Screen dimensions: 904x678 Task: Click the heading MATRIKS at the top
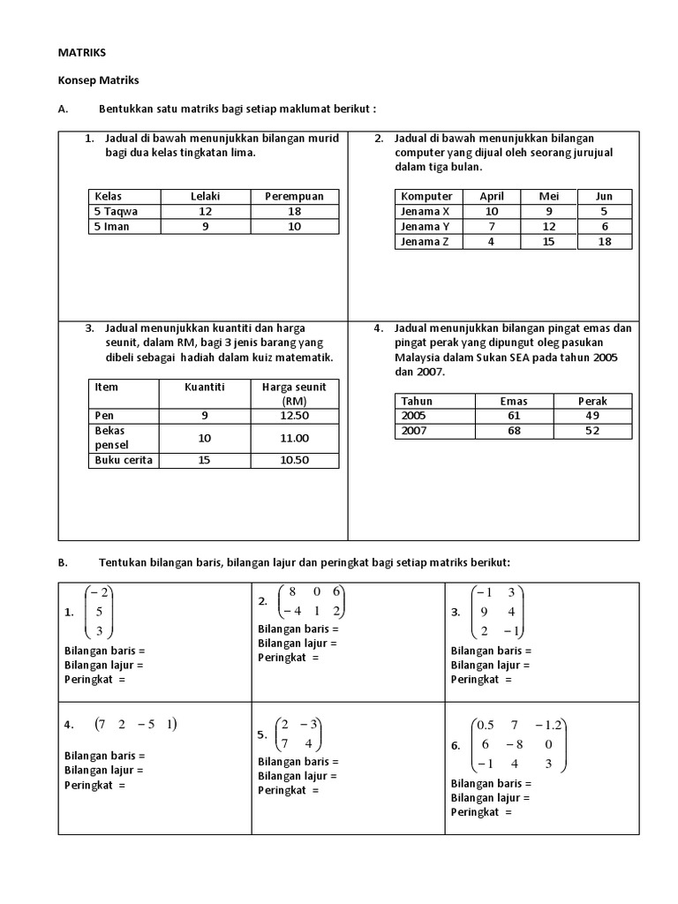click(x=82, y=53)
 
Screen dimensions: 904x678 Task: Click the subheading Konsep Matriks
click(x=99, y=80)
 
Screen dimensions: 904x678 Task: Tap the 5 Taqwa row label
click(x=116, y=212)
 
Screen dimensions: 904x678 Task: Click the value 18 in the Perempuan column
click(x=295, y=212)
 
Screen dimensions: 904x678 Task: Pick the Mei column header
click(x=548, y=196)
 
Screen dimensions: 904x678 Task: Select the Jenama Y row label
click(x=426, y=227)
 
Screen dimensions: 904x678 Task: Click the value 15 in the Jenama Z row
click(x=548, y=242)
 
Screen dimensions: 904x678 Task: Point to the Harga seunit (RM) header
click(x=294, y=394)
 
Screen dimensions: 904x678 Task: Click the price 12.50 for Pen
click(x=294, y=415)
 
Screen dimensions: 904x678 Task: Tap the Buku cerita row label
click(x=123, y=460)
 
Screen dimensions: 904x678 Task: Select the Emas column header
click(x=513, y=401)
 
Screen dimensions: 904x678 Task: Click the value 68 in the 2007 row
click(x=513, y=431)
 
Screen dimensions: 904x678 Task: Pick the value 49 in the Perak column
click(x=592, y=416)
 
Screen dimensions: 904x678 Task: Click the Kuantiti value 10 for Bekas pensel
click(x=205, y=438)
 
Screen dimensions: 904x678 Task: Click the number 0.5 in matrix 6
click(x=485, y=725)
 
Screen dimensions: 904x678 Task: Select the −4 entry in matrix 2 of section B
click(x=290, y=611)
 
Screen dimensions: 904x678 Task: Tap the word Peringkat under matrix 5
click(x=280, y=789)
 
